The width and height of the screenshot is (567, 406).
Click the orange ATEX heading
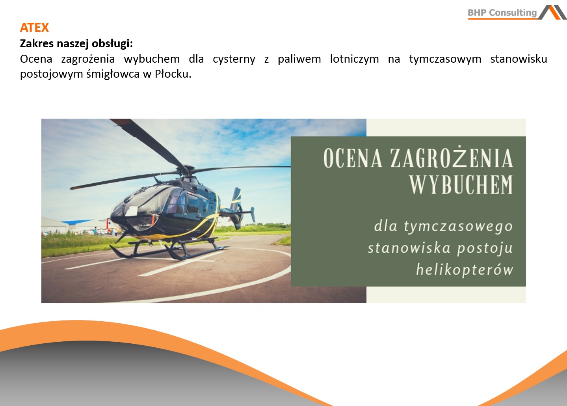34,28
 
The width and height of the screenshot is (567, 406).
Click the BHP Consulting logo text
502,12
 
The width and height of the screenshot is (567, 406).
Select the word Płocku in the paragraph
173,74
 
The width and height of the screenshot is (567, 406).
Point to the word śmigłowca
113,74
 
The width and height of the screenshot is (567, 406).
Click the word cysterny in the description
234,59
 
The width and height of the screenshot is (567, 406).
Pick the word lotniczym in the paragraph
354,59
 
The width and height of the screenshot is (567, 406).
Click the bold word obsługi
112,44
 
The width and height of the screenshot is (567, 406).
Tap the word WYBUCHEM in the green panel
461,184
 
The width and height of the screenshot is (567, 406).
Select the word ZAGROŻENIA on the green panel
452,158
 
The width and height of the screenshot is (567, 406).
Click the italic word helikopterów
465,270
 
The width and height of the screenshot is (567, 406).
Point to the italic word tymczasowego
458,227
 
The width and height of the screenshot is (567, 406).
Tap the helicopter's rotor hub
188,170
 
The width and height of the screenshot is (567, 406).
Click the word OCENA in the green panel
353,158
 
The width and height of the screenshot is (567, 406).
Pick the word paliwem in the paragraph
299,59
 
